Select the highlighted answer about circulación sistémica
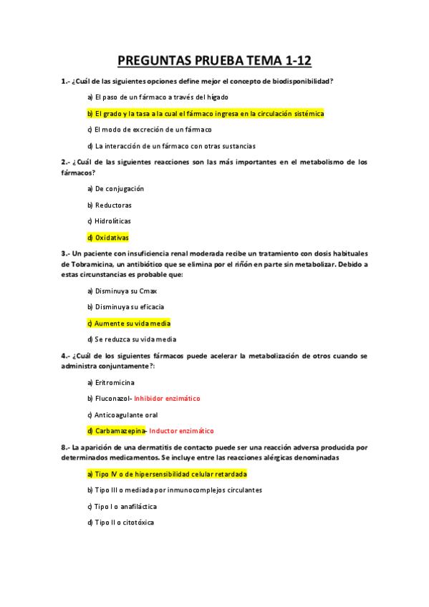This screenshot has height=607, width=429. tap(206, 114)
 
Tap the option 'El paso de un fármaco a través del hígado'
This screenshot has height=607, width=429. tap(158, 97)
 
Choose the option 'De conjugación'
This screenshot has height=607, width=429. tap(115, 189)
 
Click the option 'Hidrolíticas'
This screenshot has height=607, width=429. tap(109, 221)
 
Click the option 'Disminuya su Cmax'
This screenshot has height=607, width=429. tap(122, 291)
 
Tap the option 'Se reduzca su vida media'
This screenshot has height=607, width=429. tap(131, 339)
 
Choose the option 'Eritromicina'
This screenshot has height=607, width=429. tap(110, 382)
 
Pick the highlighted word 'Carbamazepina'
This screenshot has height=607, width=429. tap(117, 431)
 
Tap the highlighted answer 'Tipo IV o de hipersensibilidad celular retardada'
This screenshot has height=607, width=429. tap(167, 474)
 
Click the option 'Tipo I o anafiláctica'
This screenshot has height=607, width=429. tap(125, 507)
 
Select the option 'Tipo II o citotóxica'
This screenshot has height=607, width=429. tap(120, 523)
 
